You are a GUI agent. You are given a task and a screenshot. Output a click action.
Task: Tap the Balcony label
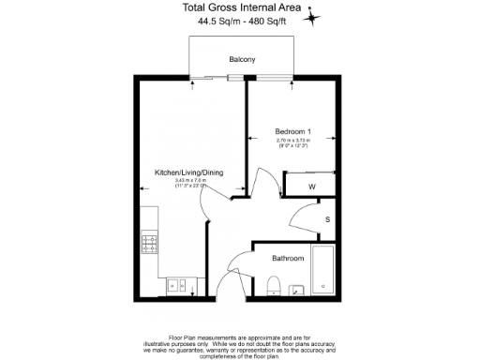(x=242, y=60)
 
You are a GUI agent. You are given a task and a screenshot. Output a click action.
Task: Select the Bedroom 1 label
(x=292, y=130)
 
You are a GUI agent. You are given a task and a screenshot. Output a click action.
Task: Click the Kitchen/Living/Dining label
(x=189, y=172)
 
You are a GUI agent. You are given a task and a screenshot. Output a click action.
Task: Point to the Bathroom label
(x=288, y=258)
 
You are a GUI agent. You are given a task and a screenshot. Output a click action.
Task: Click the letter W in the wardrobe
(x=312, y=186)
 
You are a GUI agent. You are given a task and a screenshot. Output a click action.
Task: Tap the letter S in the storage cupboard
(x=327, y=219)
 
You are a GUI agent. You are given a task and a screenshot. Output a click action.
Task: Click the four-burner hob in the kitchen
(x=150, y=243)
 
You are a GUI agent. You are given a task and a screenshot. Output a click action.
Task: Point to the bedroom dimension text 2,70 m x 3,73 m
(x=293, y=141)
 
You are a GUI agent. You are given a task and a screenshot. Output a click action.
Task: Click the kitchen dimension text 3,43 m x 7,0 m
(x=189, y=182)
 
